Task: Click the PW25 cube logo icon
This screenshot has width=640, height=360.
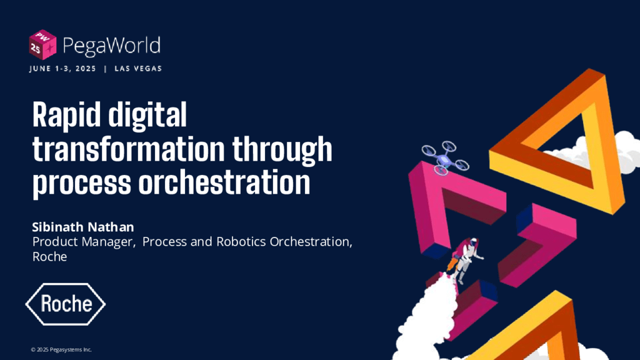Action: (x=42, y=45)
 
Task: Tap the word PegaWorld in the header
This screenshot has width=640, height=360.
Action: (x=111, y=45)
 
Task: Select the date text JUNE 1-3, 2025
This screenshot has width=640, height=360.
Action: (x=62, y=69)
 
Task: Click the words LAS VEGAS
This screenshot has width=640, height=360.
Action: (x=138, y=69)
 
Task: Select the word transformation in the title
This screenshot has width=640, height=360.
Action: (x=129, y=149)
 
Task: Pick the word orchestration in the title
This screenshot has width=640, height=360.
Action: (x=224, y=182)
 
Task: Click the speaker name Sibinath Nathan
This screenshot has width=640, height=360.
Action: (x=83, y=227)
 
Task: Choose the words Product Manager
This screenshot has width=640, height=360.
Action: (x=83, y=242)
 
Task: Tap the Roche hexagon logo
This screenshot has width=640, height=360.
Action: (x=65, y=304)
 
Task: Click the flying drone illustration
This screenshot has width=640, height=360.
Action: (x=445, y=157)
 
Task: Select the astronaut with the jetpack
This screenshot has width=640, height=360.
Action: (x=465, y=259)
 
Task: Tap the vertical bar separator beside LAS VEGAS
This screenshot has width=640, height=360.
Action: (x=105, y=69)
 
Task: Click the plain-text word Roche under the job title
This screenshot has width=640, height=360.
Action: (x=49, y=257)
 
